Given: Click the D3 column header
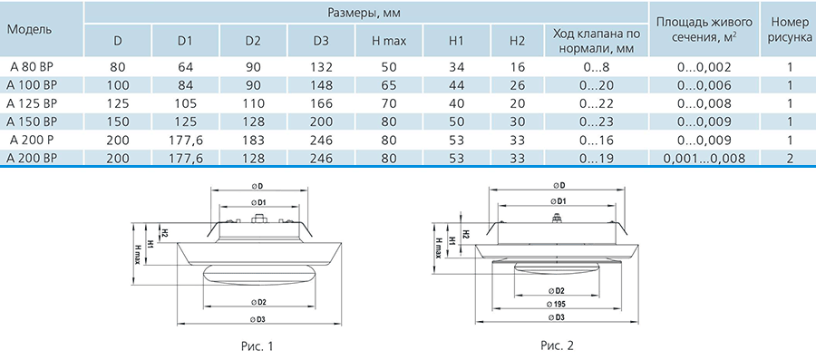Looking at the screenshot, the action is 322,41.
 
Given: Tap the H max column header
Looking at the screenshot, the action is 389,41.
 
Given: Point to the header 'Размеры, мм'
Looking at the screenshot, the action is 365,12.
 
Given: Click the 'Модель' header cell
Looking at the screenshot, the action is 30,29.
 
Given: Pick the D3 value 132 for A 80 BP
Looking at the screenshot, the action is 322,67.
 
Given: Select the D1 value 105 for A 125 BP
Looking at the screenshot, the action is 186,103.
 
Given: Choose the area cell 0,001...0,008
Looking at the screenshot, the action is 704,159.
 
